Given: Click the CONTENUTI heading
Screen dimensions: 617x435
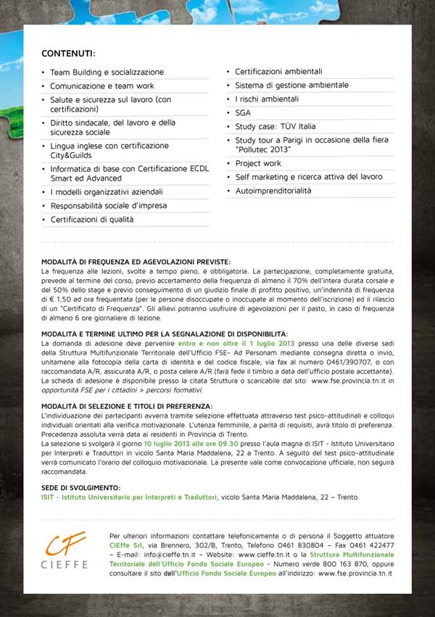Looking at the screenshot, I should (x=68, y=54).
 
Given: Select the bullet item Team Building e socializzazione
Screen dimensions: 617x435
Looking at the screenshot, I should (x=107, y=73).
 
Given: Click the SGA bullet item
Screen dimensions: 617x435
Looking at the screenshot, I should (x=243, y=113).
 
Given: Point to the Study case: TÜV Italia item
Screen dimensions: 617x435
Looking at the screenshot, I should (x=275, y=126).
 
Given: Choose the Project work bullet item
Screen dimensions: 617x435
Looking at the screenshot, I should (x=258, y=164).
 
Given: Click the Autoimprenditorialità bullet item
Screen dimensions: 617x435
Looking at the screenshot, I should (x=273, y=191).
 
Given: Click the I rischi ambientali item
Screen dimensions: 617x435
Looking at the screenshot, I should (x=267, y=99).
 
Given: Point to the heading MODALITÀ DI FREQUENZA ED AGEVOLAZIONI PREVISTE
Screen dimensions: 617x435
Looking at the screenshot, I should (x=136, y=262).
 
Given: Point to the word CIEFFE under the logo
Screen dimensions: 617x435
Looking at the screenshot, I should (x=65, y=564).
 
